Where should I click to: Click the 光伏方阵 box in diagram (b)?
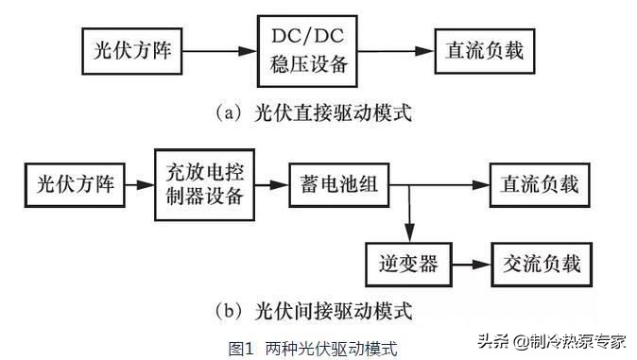pyautogui.click(x=76, y=184)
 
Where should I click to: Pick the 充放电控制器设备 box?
pyautogui.click(x=203, y=184)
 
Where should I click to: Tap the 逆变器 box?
pyautogui.click(x=409, y=263)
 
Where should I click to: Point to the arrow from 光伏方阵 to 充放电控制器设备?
pyautogui.click(x=140, y=184)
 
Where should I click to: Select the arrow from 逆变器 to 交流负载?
pyautogui.click(x=471, y=263)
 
